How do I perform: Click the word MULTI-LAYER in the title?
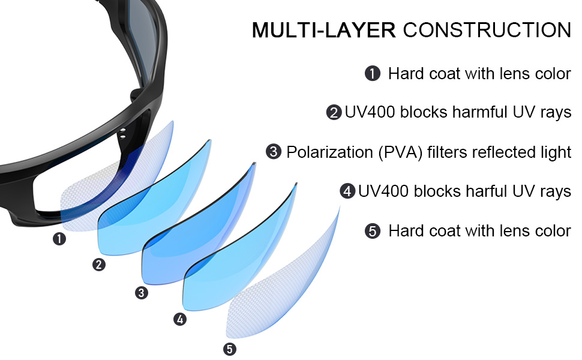[x=323, y=30]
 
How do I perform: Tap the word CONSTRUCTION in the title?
[x=487, y=30]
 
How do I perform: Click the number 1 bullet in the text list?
[x=373, y=74]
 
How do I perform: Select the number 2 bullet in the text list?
[x=334, y=113]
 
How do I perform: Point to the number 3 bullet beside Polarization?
[x=274, y=152]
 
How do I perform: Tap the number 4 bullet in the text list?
[x=347, y=191]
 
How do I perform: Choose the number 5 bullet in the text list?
[x=373, y=231]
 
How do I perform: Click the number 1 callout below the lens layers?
[x=59, y=239]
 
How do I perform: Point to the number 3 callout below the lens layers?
[x=141, y=293]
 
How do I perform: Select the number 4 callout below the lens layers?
[x=179, y=319]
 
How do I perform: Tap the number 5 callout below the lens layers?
[x=229, y=349]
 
